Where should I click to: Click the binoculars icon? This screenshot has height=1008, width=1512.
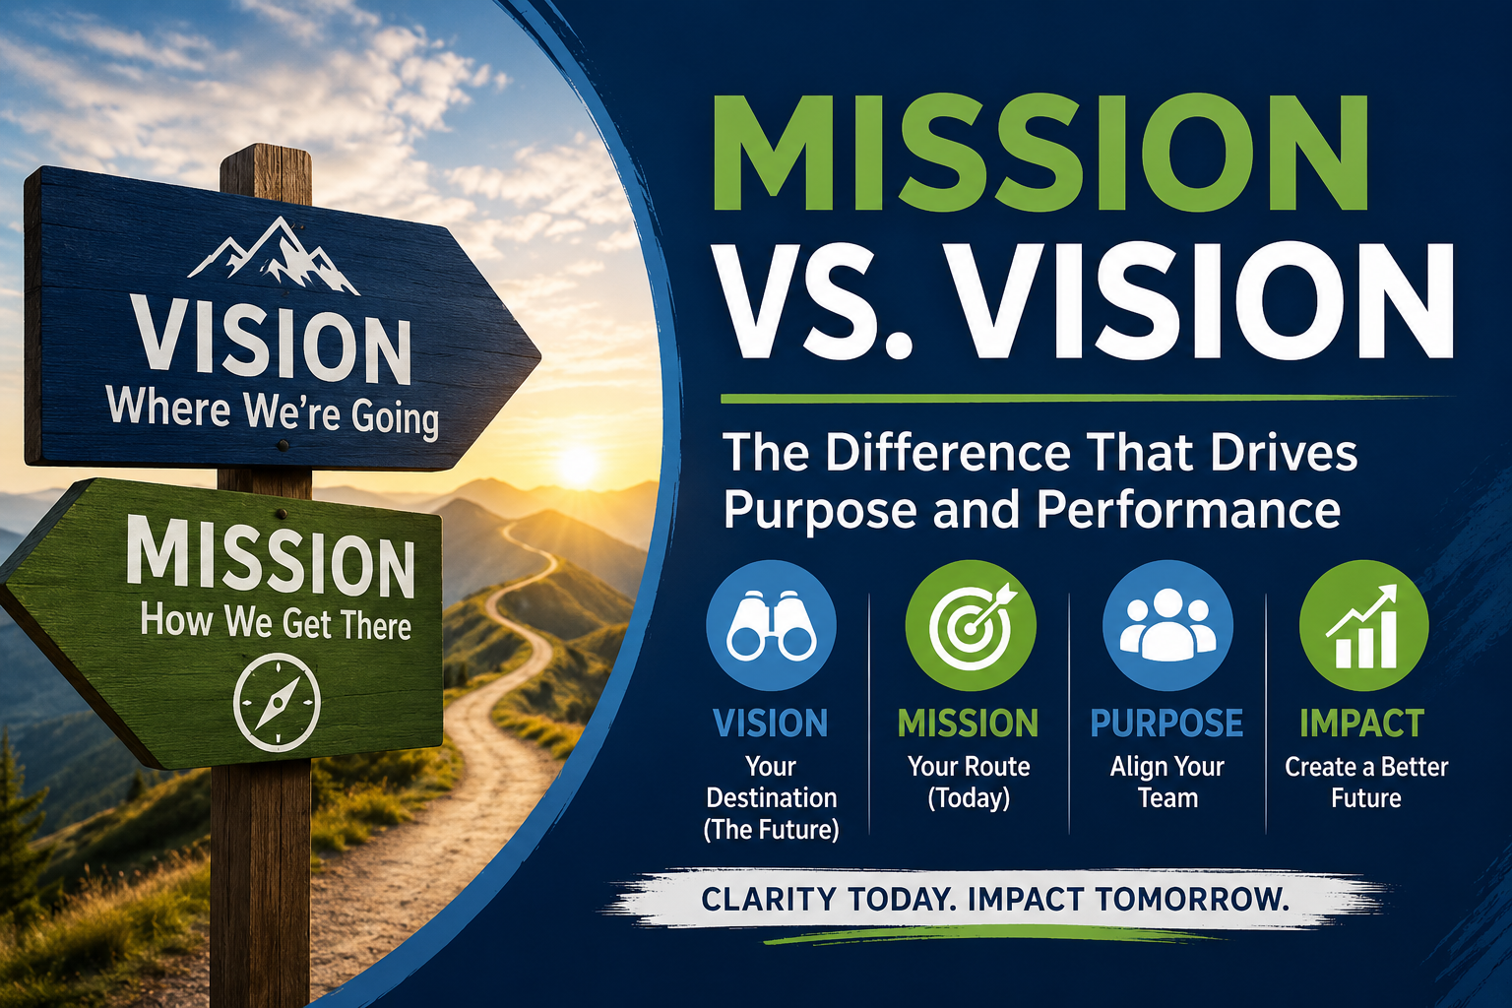771,625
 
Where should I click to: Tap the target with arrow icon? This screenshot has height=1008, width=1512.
972,624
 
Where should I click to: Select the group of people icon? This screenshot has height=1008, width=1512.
1167,624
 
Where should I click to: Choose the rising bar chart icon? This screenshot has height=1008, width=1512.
1362,626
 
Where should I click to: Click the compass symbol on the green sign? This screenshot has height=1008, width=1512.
277,702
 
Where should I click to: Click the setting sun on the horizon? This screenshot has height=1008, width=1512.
577,466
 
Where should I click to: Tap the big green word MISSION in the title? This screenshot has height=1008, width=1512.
1040,153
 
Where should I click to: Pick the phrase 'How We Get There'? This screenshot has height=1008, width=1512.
276,622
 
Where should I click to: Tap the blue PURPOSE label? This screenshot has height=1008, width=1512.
1167,724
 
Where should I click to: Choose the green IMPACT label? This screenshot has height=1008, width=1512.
1362,724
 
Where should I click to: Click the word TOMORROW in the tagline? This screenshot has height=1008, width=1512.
1192,899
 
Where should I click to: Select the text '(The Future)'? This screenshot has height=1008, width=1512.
771,830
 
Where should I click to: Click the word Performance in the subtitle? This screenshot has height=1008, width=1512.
1189,510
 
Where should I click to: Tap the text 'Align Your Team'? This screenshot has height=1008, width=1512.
1167,783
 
